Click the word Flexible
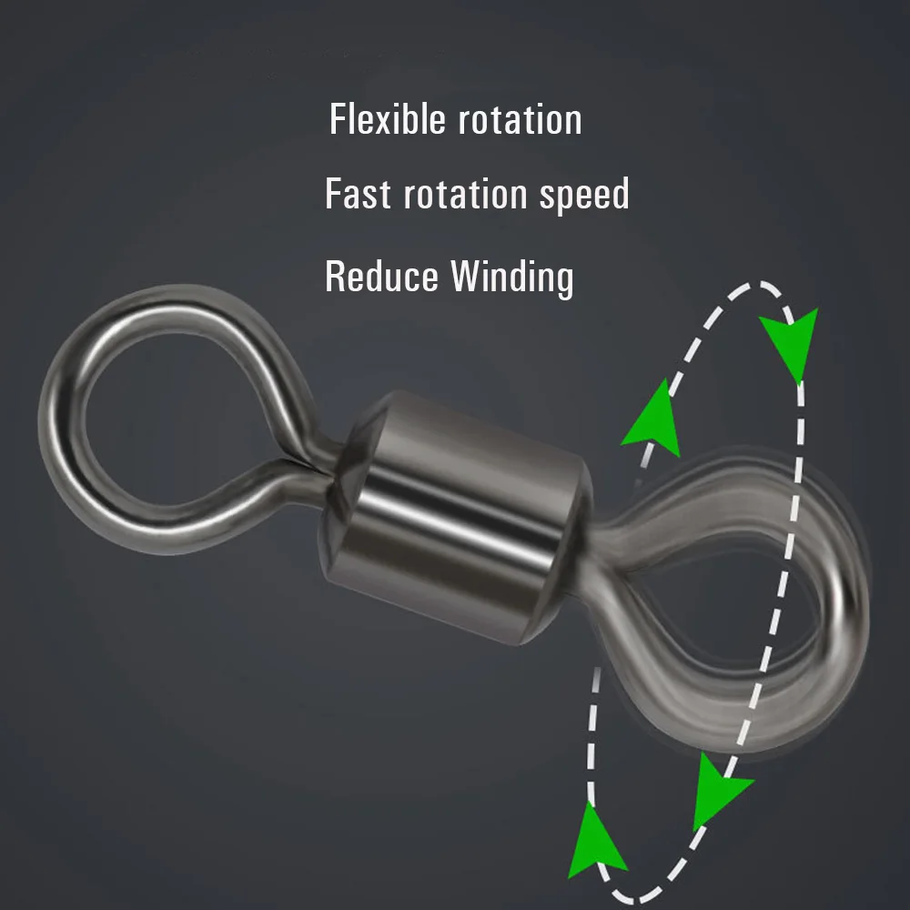click(x=387, y=119)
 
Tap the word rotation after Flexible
click(x=520, y=120)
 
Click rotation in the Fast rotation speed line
click(x=465, y=195)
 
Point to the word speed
click(x=585, y=195)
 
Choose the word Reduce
click(x=381, y=277)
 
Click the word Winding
click(x=512, y=278)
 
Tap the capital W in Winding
click(x=469, y=276)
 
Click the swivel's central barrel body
click(x=459, y=517)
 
